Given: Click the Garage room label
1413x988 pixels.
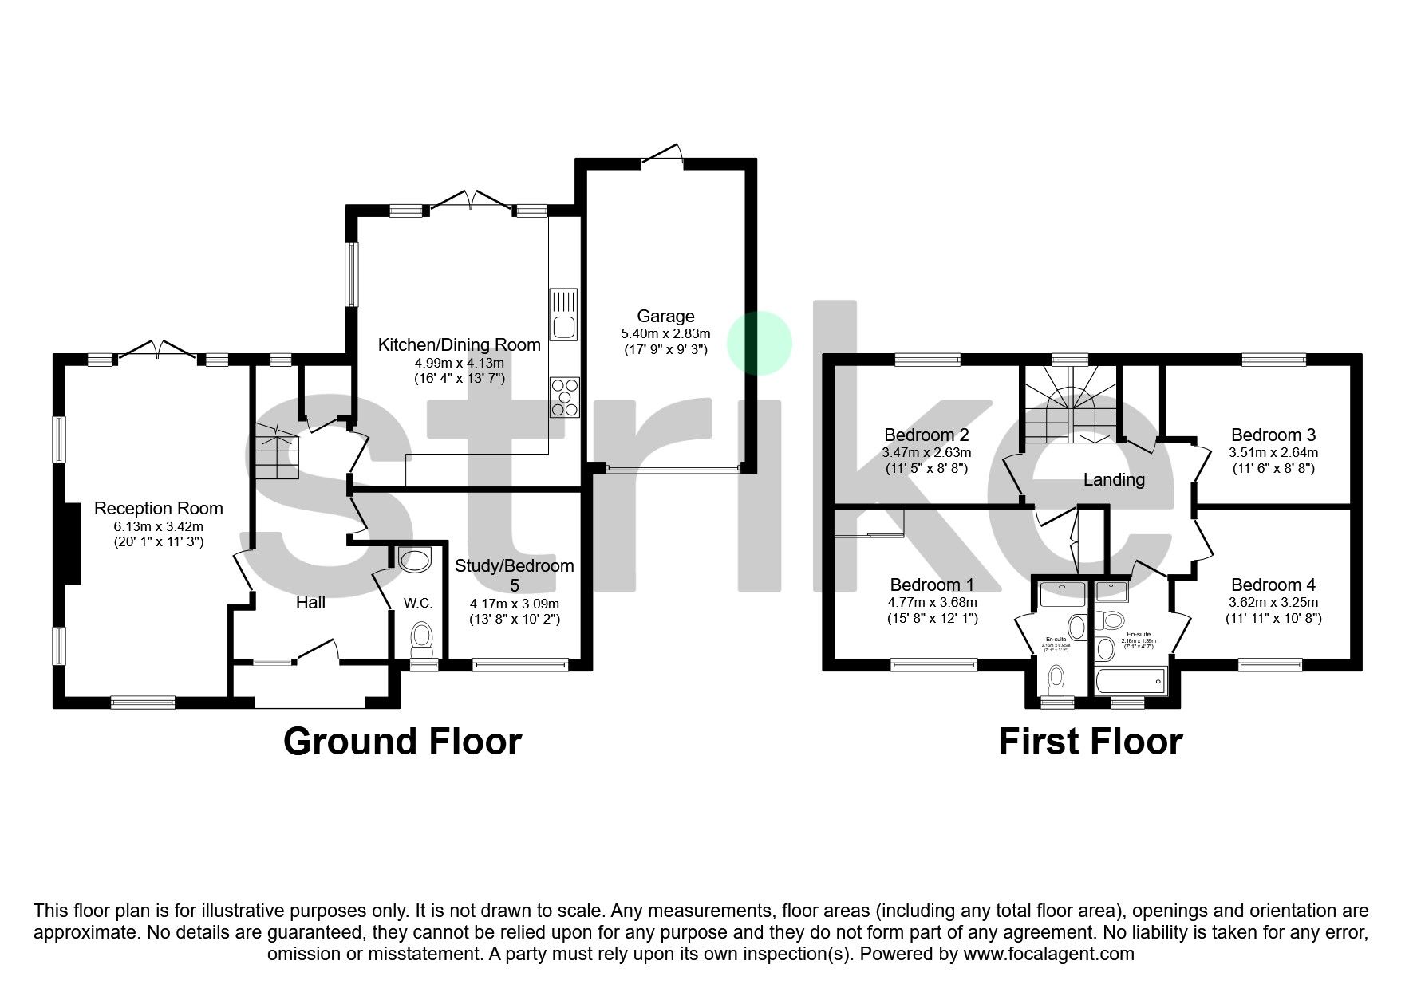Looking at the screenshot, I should pyautogui.click(x=665, y=317).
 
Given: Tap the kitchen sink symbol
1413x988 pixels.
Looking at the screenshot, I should pyautogui.click(x=563, y=314).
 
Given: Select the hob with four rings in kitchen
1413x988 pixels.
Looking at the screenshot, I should pyautogui.click(x=564, y=397).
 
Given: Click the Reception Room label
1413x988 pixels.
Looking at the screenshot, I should pyautogui.click(x=159, y=509).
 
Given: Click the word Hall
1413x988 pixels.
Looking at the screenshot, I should pyautogui.click(x=310, y=603).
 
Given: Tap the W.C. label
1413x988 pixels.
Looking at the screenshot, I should pyautogui.click(x=417, y=604).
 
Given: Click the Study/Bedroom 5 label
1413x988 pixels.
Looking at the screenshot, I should pyautogui.click(x=514, y=575).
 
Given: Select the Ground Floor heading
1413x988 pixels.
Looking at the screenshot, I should pyautogui.click(x=402, y=742).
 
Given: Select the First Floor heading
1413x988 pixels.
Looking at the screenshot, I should pyautogui.click(x=1090, y=742).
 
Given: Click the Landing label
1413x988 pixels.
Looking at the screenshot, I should pyautogui.click(x=1114, y=480).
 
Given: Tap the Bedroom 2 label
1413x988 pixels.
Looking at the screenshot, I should pyautogui.click(x=926, y=435).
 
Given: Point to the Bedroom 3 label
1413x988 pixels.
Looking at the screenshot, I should pyautogui.click(x=1273, y=435).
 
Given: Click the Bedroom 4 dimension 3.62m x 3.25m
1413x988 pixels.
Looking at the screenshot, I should pyautogui.click(x=1273, y=603).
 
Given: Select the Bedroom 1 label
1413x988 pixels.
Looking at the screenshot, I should pyautogui.click(x=932, y=585).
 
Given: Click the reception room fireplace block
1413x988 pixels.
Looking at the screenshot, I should pyautogui.click(x=72, y=544).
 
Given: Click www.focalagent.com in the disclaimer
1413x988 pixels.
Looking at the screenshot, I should pyautogui.click(x=1048, y=954).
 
